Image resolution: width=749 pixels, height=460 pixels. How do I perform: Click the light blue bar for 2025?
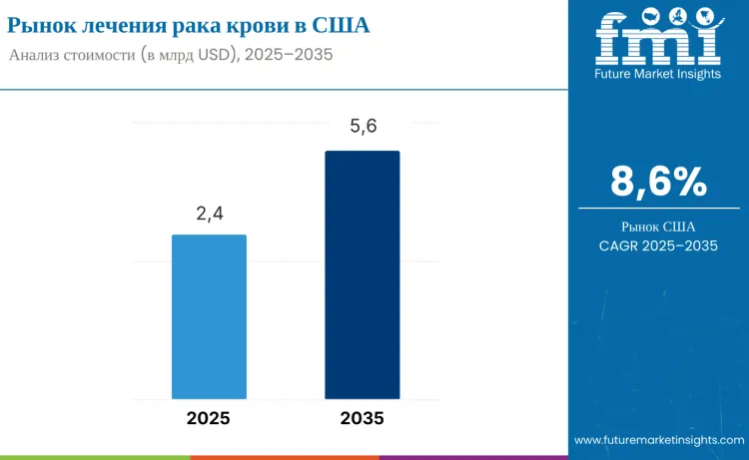[x=209, y=317]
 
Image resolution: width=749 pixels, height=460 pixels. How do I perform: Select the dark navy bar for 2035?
[x=362, y=275]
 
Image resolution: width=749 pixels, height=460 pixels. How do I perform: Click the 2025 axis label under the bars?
[x=208, y=418]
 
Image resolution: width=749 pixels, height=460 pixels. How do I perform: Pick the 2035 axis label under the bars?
[x=362, y=418]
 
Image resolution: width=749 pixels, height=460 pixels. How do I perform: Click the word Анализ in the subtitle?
[x=37, y=55]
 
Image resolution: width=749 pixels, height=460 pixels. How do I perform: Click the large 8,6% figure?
[x=658, y=182]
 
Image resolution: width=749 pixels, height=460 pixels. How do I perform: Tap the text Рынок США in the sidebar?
[x=658, y=227]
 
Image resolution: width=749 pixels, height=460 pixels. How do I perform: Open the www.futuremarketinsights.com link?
[x=659, y=440]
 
